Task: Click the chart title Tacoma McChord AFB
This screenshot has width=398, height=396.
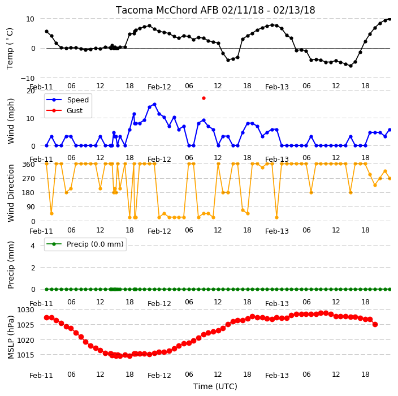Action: (x=167, y=10)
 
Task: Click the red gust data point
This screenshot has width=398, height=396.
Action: (x=204, y=98)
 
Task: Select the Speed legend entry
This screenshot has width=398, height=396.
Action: (x=68, y=100)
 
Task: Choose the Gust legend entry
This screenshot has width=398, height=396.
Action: (x=64, y=110)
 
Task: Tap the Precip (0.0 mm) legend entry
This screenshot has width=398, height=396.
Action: (x=85, y=244)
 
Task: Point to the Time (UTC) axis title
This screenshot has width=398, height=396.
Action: (x=215, y=386)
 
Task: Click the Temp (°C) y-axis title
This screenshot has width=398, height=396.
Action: (x=10, y=49)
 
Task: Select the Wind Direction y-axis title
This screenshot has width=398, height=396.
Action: (x=11, y=193)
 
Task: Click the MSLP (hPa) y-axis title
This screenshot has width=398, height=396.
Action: (x=11, y=337)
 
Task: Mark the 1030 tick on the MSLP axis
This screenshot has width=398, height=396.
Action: (x=25, y=310)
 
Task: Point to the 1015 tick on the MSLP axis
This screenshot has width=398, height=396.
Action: (x=25, y=355)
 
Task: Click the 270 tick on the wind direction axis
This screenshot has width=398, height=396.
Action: (x=29, y=179)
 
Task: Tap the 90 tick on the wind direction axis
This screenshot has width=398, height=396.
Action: (x=31, y=207)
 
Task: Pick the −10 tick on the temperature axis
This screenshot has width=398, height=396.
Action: (x=27, y=78)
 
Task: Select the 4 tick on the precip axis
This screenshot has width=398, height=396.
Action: (x=33, y=246)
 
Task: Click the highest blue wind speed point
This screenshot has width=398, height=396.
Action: (x=154, y=105)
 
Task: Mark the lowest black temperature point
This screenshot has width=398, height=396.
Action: (x=351, y=66)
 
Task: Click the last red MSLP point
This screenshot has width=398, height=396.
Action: (x=375, y=324)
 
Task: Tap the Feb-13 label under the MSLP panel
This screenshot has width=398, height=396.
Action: (x=277, y=376)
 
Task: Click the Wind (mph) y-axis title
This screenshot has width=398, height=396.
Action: (x=11, y=122)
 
